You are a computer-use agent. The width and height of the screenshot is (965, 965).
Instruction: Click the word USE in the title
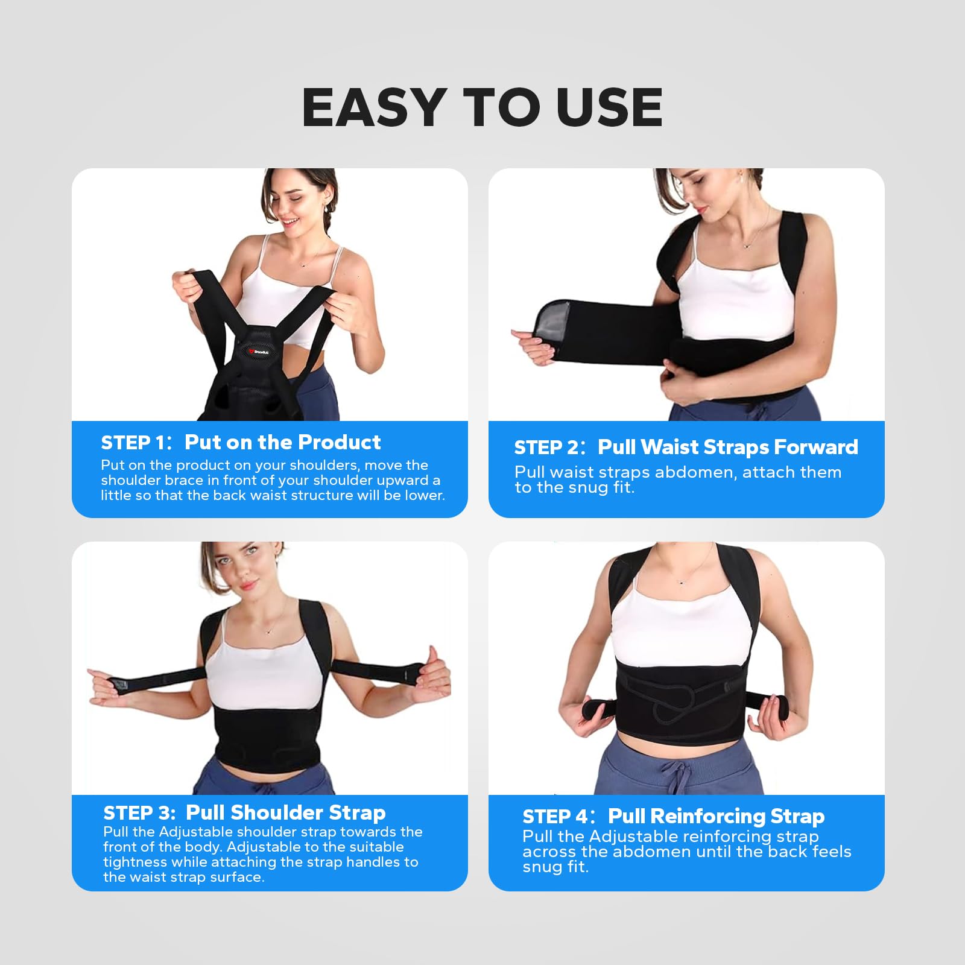click(x=609, y=107)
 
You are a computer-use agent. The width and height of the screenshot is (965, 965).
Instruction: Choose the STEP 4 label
click(x=555, y=817)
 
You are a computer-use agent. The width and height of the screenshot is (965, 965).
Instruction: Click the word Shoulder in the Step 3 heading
click(x=268, y=812)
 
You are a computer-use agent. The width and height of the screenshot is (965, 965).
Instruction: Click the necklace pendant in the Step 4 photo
click(x=681, y=582)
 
